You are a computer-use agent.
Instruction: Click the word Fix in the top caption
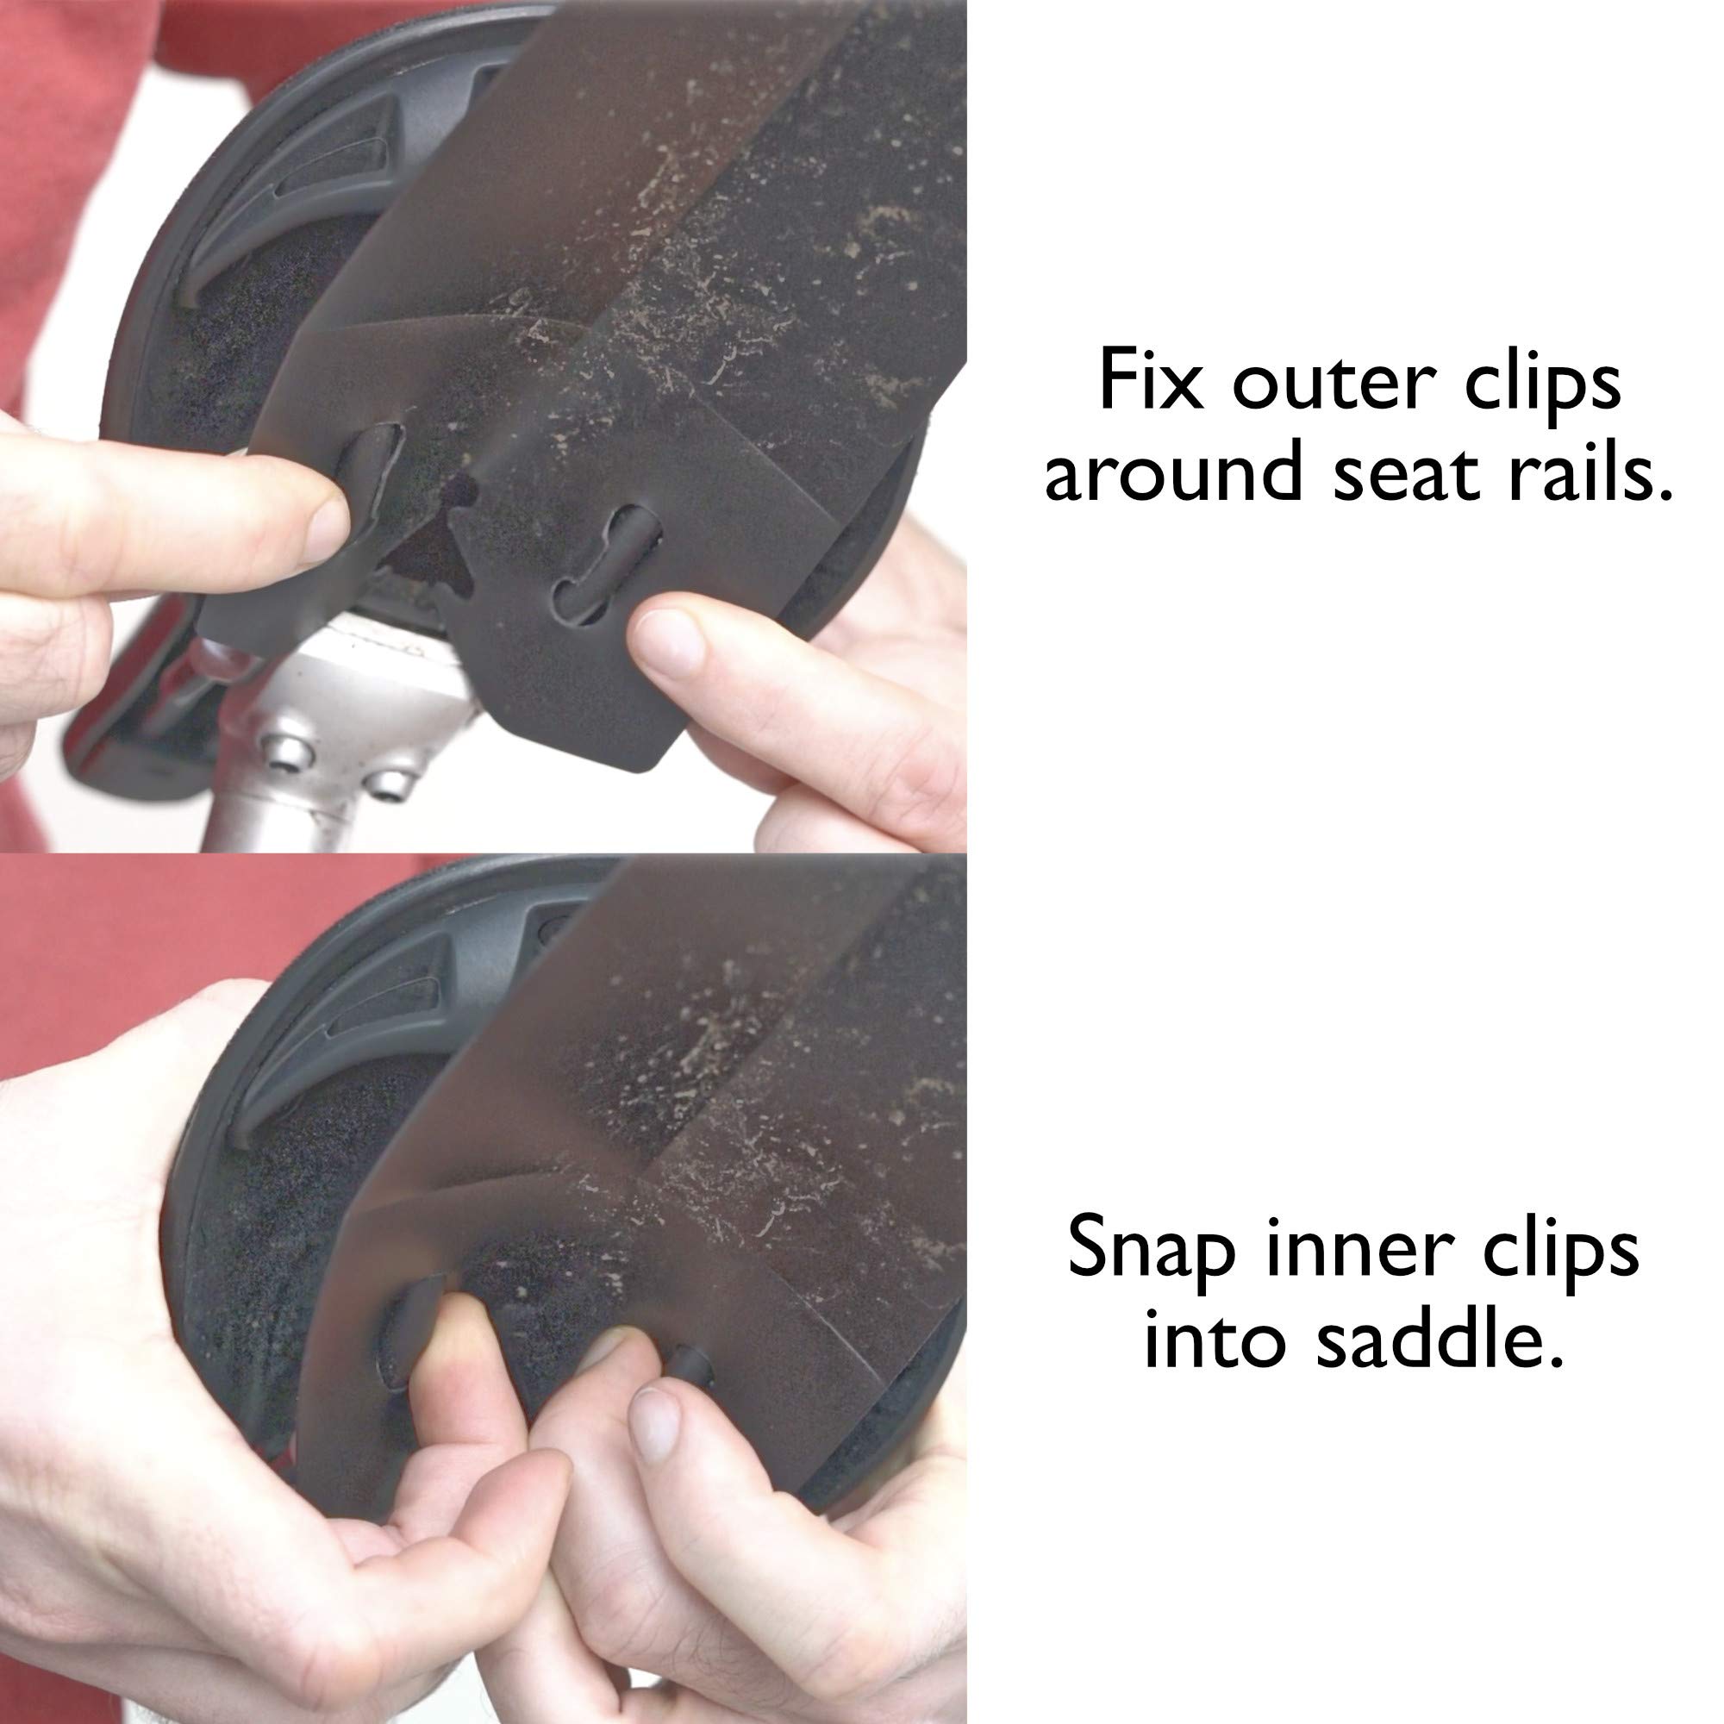click(1150, 380)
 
